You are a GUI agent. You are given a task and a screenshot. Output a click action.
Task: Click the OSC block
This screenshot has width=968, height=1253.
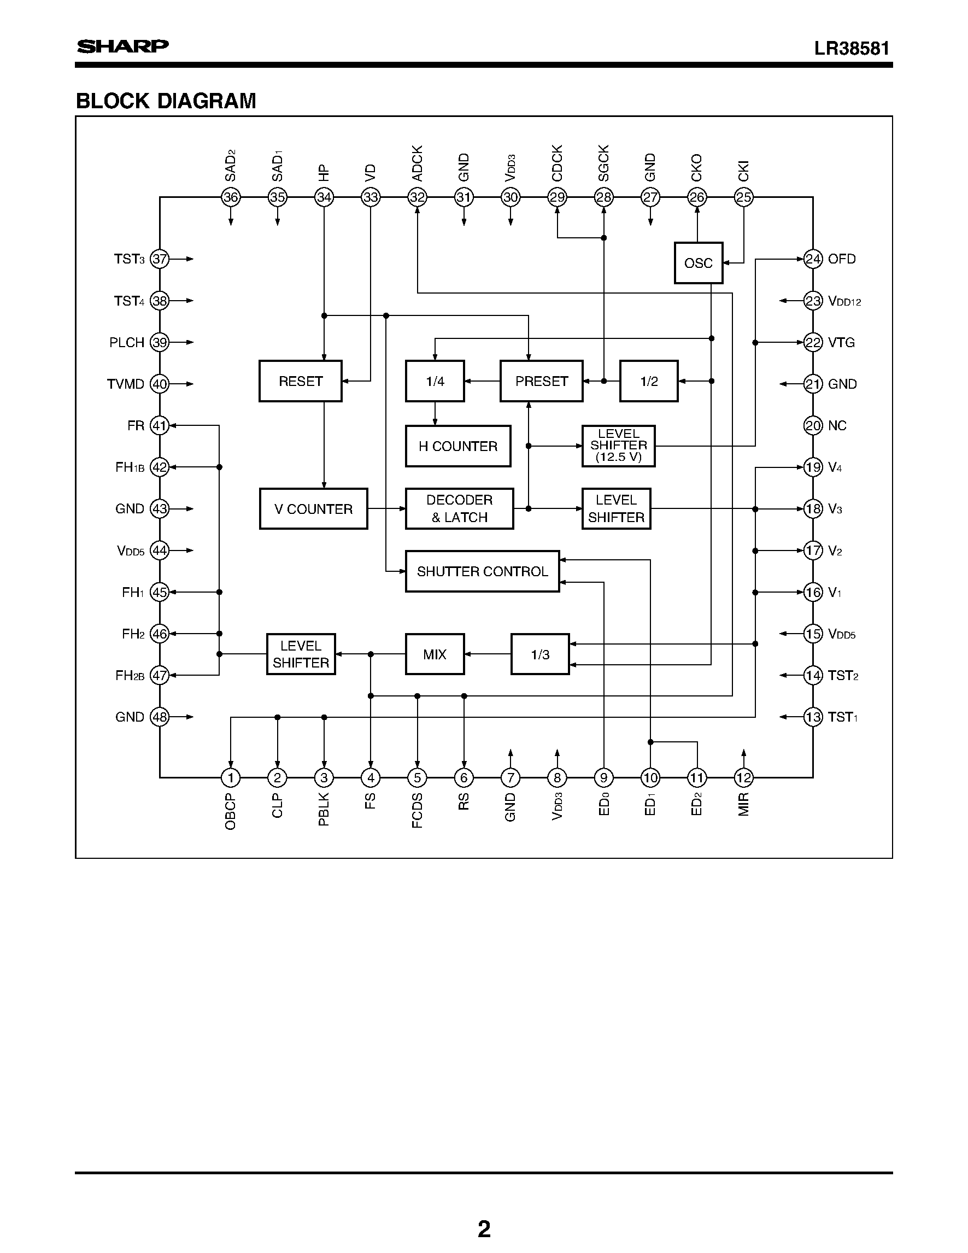(698, 263)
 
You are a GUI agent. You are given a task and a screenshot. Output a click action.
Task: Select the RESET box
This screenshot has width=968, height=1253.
(300, 381)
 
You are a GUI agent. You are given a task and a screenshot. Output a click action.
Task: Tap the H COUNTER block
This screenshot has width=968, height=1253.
(457, 446)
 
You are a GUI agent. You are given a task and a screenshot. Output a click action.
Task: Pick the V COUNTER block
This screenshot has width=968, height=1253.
(313, 509)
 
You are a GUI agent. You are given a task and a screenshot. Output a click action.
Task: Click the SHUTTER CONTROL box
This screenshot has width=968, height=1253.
(482, 571)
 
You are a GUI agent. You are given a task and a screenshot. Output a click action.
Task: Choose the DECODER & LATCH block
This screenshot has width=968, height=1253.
(459, 509)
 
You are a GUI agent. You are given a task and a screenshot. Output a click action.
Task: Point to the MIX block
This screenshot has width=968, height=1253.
(434, 654)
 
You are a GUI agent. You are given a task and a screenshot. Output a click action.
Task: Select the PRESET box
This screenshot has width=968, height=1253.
(541, 381)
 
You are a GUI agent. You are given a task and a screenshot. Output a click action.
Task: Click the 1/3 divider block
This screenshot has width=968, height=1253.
(539, 654)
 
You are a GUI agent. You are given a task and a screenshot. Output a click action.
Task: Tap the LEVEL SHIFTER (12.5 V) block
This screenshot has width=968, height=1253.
(618, 446)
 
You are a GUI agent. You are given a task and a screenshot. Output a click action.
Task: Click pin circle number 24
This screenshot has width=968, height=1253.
(813, 259)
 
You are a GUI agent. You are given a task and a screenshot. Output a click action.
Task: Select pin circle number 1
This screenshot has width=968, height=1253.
(231, 778)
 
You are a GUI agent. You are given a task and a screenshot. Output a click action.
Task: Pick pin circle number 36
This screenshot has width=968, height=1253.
(231, 197)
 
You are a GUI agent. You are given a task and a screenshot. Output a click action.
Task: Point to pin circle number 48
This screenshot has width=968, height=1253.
(160, 717)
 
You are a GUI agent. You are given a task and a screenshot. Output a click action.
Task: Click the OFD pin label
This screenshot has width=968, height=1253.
(841, 259)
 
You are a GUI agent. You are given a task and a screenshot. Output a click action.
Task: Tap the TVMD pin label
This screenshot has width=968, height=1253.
(126, 384)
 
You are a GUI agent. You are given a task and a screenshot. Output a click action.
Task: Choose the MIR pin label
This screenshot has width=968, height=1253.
(743, 804)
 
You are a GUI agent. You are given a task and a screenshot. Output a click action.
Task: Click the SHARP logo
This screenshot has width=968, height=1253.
(123, 46)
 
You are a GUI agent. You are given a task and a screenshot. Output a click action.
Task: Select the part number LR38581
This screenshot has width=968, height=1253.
(852, 48)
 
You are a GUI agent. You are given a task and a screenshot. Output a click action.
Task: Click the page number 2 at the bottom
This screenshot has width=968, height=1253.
(484, 1229)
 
